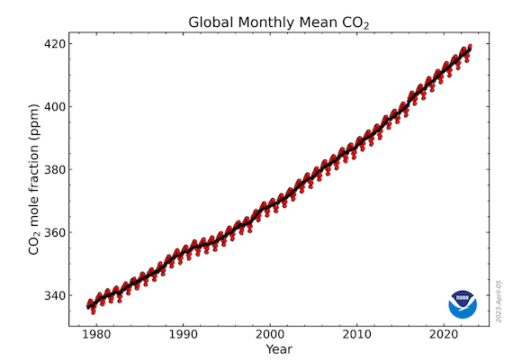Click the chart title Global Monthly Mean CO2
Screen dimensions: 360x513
pyautogui.click(x=279, y=22)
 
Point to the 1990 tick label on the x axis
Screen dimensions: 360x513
pyautogui.click(x=184, y=332)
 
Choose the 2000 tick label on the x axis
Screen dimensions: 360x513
pyautogui.click(x=270, y=332)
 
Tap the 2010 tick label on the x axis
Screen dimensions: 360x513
pyautogui.click(x=357, y=332)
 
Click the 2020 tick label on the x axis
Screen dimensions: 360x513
pyautogui.click(x=444, y=332)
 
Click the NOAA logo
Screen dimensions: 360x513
pyautogui.click(x=463, y=303)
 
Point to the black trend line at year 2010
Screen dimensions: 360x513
pyautogui.click(x=357, y=144)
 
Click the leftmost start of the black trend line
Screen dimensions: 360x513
pyautogui.click(x=87, y=307)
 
